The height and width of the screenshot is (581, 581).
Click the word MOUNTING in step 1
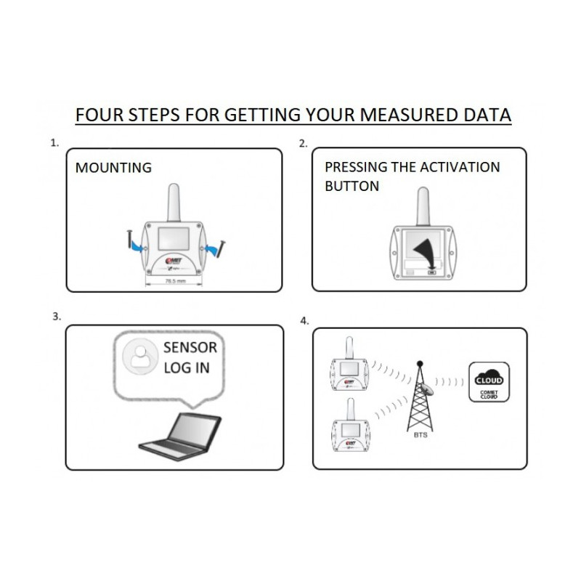(x=113, y=168)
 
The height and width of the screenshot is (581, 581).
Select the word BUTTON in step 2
(x=352, y=186)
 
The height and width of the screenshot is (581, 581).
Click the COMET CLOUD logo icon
(x=488, y=382)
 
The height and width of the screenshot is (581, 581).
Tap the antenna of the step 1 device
(x=174, y=202)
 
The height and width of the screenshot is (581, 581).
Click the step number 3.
(x=56, y=317)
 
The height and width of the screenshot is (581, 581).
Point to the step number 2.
(x=303, y=143)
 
